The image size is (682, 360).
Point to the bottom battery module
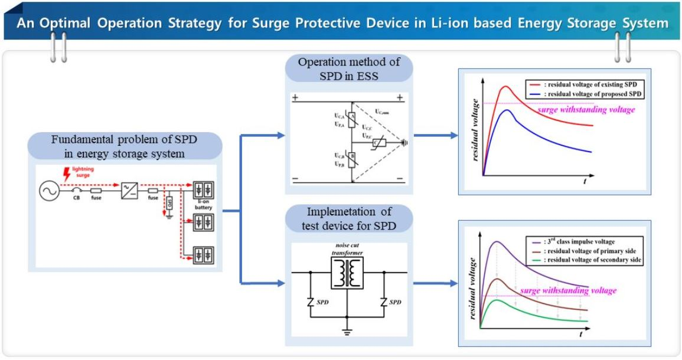[x=203, y=257]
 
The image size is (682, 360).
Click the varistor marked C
[x=376, y=142]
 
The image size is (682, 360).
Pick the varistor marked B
[x=353, y=158]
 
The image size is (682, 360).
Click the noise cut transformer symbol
[x=347, y=272]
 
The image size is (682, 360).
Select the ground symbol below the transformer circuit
[x=347, y=332]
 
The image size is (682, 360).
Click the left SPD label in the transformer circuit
[x=323, y=302]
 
